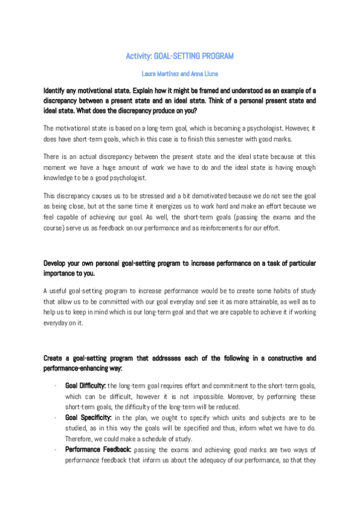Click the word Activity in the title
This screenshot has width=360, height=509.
click(x=138, y=56)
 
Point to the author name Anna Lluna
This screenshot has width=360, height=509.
click(x=204, y=74)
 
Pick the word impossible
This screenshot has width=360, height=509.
click(x=185, y=396)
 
